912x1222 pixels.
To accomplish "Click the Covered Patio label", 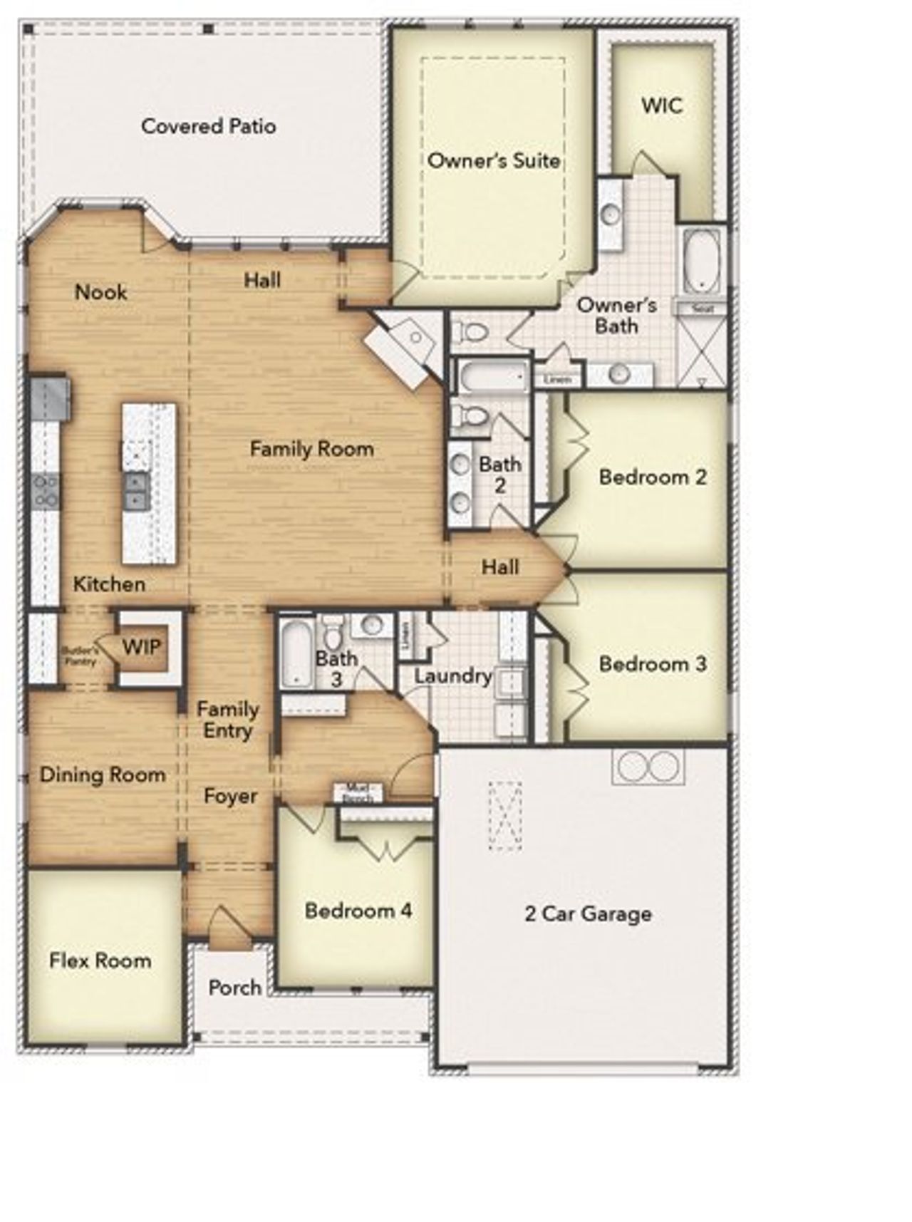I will pos(208,126).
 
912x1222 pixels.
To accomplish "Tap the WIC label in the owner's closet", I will pos(662,105).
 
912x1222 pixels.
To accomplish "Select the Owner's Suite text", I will pos(494,160).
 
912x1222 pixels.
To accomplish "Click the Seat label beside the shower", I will pos(702,309).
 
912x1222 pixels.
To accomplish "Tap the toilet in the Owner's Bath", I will pos(471,332).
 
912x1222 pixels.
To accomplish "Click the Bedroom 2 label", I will pos(653,477).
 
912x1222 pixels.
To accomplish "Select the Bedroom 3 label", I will pos(653,664).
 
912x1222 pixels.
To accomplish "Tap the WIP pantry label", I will pos(142,648).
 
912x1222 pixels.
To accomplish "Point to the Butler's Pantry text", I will pos(78,656).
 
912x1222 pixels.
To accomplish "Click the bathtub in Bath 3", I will pos(295,651).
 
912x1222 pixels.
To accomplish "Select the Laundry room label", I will pos(453,675).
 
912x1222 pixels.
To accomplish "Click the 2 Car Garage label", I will pos(588,913).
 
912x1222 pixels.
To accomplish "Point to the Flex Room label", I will pos(100,960).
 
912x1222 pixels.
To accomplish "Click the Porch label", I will pos(234,988).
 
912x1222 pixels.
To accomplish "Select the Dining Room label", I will pos(103,775).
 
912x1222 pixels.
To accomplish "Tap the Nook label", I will pos(101,291).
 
